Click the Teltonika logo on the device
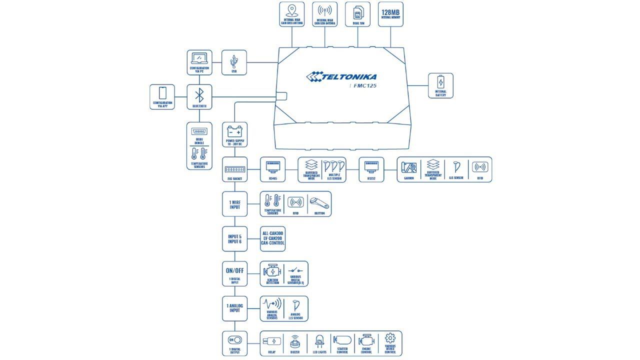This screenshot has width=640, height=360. tap(341, 76)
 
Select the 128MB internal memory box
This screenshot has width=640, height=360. tap(390, 14)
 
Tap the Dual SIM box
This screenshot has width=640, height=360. tap(358, 14)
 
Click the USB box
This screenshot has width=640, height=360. tap(234, 62)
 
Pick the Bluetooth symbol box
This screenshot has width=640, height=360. tap(199, 96)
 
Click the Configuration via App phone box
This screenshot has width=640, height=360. tap(162, 96)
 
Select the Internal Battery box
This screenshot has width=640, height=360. tap(440, 85)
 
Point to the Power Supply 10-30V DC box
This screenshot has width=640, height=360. tap(234, 134)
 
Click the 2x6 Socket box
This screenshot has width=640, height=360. tap(234, 169)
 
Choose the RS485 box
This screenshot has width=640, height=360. tap(272, 169)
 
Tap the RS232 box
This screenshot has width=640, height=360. tap(371, 169)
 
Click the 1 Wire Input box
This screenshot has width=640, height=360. tap(234, 204)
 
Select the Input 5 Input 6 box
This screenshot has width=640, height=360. tap(234, 239)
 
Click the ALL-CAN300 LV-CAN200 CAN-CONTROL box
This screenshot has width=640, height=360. tap(272, 238)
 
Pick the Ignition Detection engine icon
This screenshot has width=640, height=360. tap(272, 271)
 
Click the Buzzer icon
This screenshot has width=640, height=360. tap(295, 341)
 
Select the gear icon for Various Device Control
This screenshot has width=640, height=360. tap(390, 338)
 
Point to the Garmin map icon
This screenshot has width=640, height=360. tap(409, 167)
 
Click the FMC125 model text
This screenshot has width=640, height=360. tap(364, 85)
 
